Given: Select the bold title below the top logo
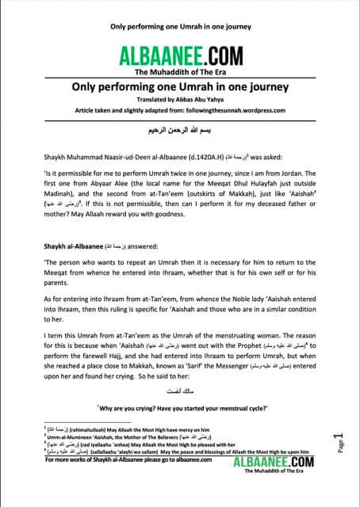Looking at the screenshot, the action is click(x=179, y=87).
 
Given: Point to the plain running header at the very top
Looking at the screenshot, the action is click(x=179, y=25).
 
